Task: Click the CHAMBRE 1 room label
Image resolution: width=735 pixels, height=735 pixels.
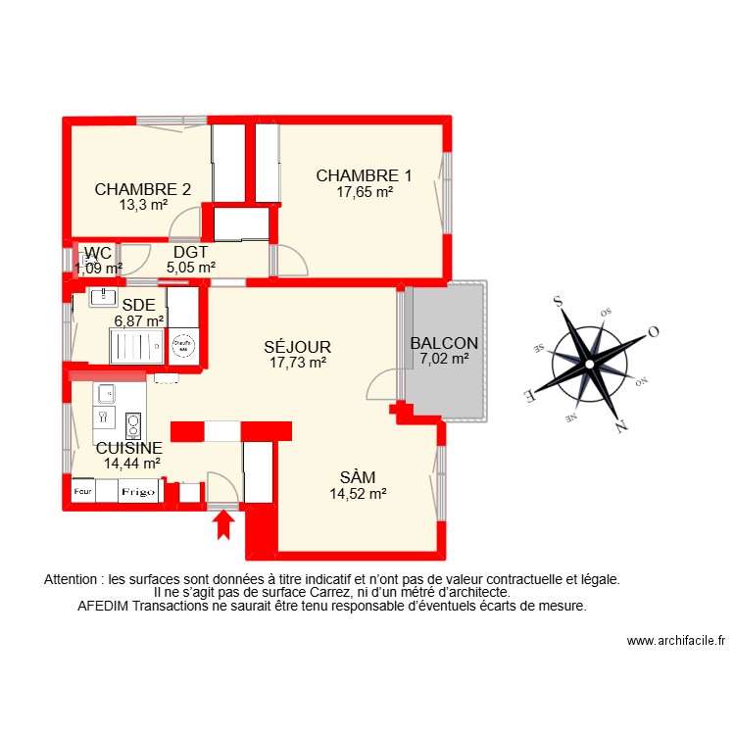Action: [x=364, y=176]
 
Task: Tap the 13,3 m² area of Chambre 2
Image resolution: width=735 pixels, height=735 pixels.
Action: [x=143, y=205]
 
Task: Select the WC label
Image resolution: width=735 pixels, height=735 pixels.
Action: [x=98, y=254]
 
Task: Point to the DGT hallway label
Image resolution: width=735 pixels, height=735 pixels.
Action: [x=190, y=253]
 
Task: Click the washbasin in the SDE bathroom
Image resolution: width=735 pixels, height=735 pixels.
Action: [x=103, y=295]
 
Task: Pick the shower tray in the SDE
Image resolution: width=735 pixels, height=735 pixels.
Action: [x=135, y=346]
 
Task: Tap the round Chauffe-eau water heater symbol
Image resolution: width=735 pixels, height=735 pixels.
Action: [x=183, y=345]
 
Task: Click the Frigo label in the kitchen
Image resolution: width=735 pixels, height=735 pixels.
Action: [x=138, y=493]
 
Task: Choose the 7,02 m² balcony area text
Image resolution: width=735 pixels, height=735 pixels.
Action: [x=444, y=359]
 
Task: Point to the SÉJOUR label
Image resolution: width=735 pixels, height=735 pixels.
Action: [x=298, y=347]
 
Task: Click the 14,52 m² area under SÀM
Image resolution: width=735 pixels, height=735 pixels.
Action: [x=358, y=494]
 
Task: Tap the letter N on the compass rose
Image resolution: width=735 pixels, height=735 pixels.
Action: [x=620, y=427]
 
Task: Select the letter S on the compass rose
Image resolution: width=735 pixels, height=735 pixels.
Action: [x=559, y=303]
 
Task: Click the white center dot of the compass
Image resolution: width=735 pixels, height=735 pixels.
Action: [x=590, y=366]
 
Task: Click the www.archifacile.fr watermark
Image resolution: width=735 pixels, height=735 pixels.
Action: [x=675, y=641]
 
